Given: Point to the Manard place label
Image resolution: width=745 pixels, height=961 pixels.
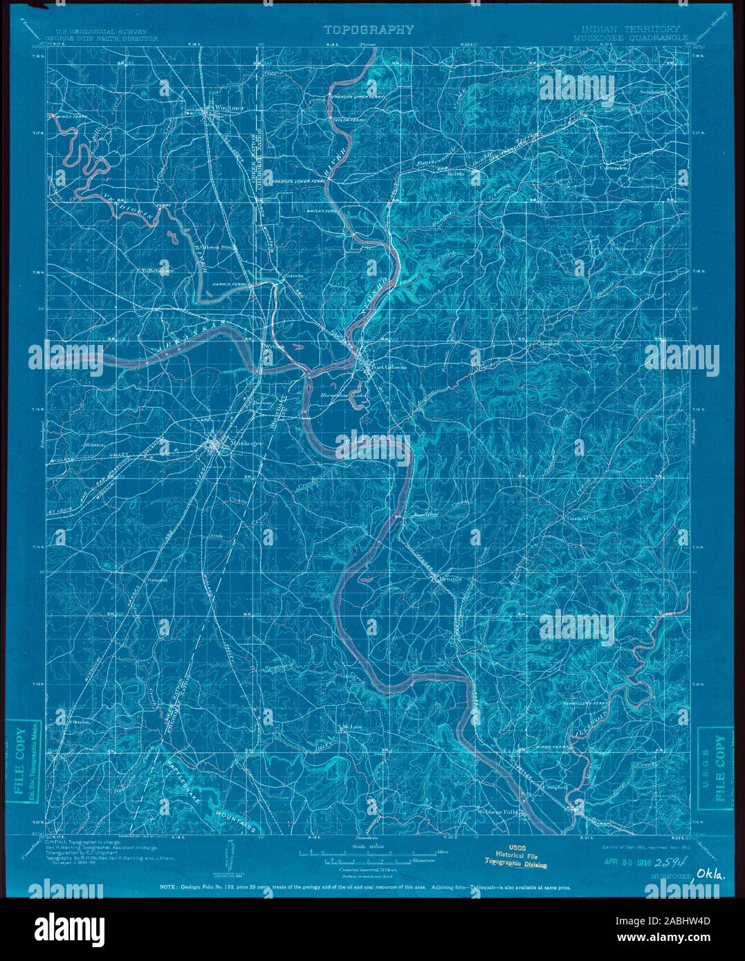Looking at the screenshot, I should point(550,343).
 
